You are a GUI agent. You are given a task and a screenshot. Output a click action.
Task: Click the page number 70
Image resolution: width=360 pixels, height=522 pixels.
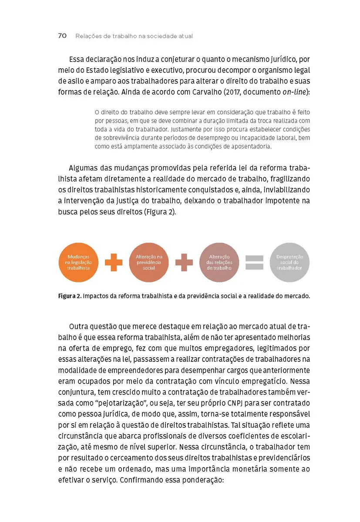(x=62, y=36)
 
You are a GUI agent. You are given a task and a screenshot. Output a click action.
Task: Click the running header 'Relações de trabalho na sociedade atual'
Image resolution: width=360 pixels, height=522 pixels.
(x=134, y=36)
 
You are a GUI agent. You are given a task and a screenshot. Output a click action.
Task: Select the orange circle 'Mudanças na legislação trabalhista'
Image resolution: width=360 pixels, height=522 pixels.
(x=78, y=263)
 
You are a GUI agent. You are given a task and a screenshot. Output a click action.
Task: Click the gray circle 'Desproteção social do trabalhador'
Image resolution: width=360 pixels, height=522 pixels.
(x=289, y=263)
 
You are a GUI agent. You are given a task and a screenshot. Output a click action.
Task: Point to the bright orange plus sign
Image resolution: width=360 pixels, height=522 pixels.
(x=114, y=263)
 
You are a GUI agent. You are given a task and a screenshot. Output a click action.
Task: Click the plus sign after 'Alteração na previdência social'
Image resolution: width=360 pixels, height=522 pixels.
(x=184, y=263)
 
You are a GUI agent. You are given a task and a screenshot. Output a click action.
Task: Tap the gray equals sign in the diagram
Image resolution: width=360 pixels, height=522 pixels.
(x=255, y=263)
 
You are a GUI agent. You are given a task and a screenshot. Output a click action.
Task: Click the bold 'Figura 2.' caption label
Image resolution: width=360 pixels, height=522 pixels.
(x=69, y=297)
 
